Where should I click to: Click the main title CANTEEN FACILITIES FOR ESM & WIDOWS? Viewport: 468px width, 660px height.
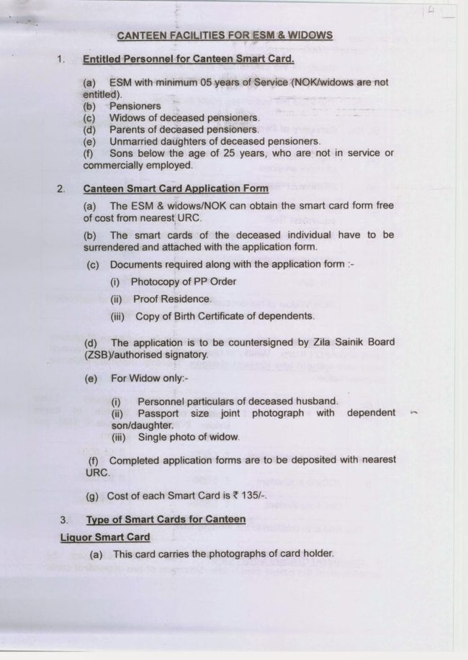(224, 35)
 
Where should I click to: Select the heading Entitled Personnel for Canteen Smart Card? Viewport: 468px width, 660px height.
(189, 59)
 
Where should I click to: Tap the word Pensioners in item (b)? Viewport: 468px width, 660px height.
(135, 106)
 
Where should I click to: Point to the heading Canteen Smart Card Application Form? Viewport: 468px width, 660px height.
(176, 189)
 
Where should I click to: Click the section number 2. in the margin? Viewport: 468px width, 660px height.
(61, 189)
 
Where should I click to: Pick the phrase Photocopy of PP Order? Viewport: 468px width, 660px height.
(183, 281)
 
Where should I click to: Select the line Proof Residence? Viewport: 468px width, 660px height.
(172, 299)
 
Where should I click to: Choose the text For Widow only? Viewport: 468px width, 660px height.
(149, 378)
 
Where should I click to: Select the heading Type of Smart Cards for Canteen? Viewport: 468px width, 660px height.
(166, 519)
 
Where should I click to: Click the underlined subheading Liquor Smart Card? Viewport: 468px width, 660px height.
(106, 537)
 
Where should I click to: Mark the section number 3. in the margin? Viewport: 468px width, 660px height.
(64, 519)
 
